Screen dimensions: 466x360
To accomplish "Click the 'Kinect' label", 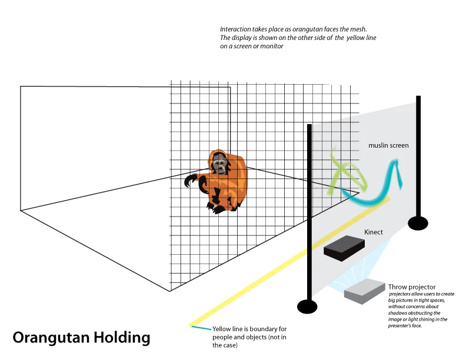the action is point(373,232).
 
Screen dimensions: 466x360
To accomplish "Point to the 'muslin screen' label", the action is point(388,145).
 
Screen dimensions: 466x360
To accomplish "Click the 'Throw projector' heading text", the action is point(412,287).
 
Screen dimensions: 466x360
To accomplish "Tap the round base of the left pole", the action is point(307,306).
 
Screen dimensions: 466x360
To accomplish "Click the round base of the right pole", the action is point(418,223).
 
